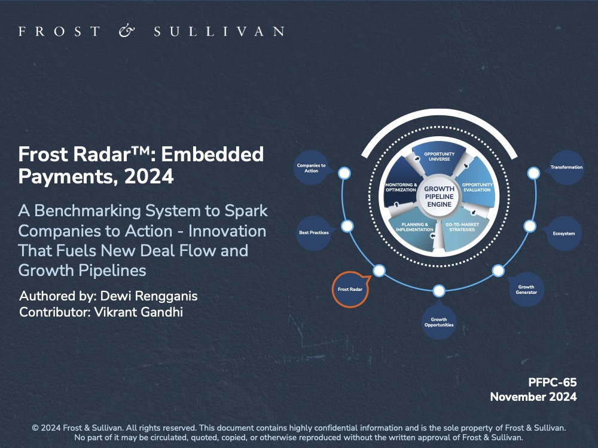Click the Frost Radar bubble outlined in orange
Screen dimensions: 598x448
click(350, 289)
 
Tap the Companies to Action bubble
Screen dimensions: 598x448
click(312, 168)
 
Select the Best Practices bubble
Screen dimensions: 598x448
click(314, 233)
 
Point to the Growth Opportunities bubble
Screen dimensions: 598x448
click(439, 322)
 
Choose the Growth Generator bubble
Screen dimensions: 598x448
click(526, 290)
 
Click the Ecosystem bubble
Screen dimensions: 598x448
click(564, 233)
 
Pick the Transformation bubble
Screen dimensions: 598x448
click(566, 167)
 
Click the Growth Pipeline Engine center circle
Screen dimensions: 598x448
click(440, 197)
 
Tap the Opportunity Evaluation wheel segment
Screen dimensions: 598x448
click(477, 186)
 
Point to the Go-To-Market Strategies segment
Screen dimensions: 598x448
click(462, 228)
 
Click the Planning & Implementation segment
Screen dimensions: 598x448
click(414, 228)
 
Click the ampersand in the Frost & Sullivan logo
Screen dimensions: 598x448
click(127, 31)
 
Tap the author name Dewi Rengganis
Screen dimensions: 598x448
click(149, 296)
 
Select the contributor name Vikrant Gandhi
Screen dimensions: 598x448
click(139, 312)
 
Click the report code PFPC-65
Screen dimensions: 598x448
click(552, 382)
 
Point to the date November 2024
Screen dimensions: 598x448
click(533, 397)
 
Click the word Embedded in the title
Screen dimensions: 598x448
click(212, 154)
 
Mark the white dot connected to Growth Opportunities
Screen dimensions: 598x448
click(439, 291)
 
